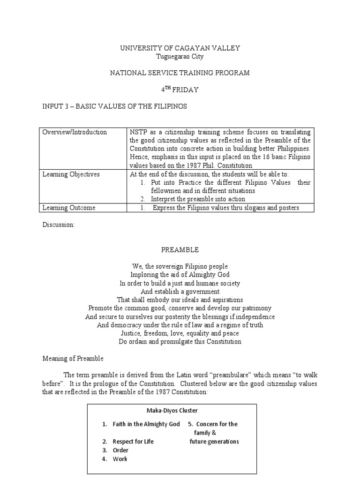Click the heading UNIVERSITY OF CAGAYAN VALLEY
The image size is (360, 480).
[180, 48]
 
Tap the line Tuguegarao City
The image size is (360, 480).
[180, 56]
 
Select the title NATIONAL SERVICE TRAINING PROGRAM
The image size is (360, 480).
[180, 73]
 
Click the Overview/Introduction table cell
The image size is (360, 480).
[75, 132]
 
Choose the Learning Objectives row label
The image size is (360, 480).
[71, 174]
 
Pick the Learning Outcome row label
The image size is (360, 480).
[69, 208]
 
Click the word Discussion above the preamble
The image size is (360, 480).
[58, 225]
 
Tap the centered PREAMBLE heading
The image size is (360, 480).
[180, 250]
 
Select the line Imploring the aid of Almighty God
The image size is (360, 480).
[180, 275]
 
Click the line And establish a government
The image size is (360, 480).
[180, 292]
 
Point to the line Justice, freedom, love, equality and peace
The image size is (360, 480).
[180, 333]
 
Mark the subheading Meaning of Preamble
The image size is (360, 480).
[73, 359]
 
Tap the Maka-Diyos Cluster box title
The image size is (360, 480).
[172, 411]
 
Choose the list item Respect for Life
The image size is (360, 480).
[133, 442]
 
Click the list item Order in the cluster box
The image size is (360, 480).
[120, 450]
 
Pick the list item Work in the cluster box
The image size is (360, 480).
[120, 459]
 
